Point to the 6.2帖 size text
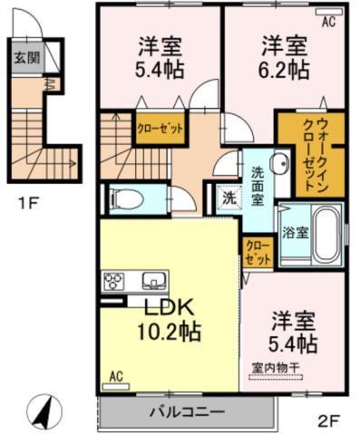click(283, 68)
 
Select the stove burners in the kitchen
click(116, 278)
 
